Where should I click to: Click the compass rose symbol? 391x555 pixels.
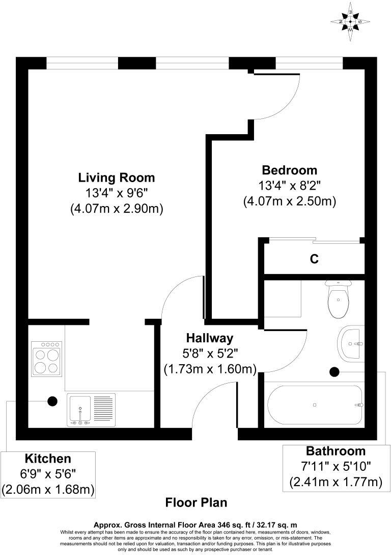tap(350, 21)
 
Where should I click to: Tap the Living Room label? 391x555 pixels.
tap(116, 178)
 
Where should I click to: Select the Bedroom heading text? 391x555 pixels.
tap(289, 170)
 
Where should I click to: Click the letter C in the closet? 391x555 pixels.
tap(315, 259)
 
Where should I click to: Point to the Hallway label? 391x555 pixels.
tap(209, 338)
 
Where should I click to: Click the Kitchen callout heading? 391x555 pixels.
tap(48, 458)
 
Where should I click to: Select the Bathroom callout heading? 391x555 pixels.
tap(336, 451)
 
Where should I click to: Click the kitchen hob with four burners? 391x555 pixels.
tap(46, 358)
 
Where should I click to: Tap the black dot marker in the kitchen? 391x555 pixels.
tap(52, 401)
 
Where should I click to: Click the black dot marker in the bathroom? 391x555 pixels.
tap(334, 372)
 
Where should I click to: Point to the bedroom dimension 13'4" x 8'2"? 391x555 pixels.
tap(289, 185)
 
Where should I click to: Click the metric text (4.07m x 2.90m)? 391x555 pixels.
tap(116, 209)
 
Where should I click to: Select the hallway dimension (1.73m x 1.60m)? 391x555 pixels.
tap(209, 369)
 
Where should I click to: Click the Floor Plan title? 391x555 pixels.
tap(196, 503)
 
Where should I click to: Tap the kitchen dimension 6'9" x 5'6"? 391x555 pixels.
tap(48, 474)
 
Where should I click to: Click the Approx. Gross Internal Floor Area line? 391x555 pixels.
tap(195, 524)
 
